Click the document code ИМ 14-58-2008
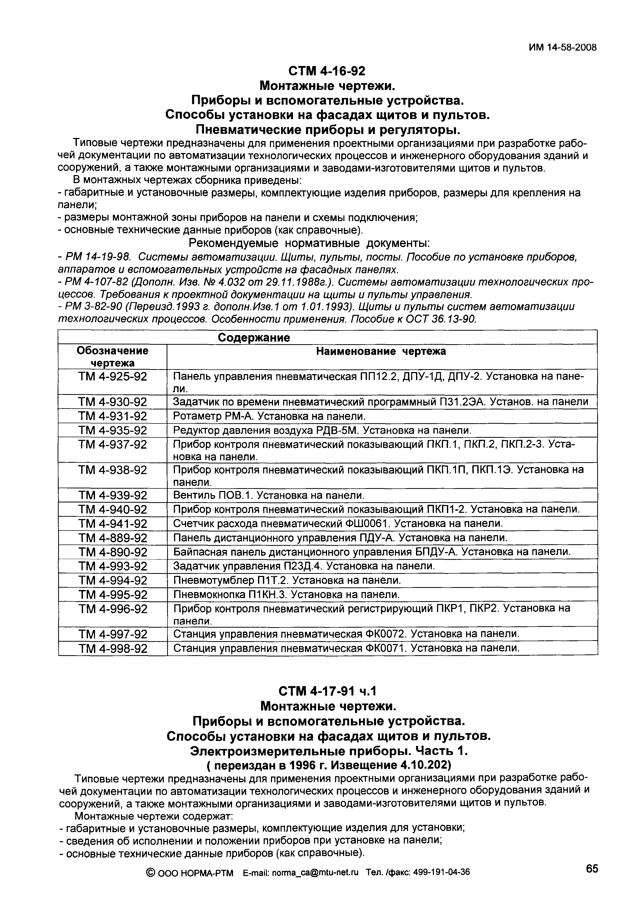[562, 48]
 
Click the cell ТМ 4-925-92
[113, 376]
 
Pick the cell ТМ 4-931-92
[113, 416]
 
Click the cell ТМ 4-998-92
[113, 648]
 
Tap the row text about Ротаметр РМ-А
[269, 416]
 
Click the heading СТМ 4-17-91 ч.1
[327, 691]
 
